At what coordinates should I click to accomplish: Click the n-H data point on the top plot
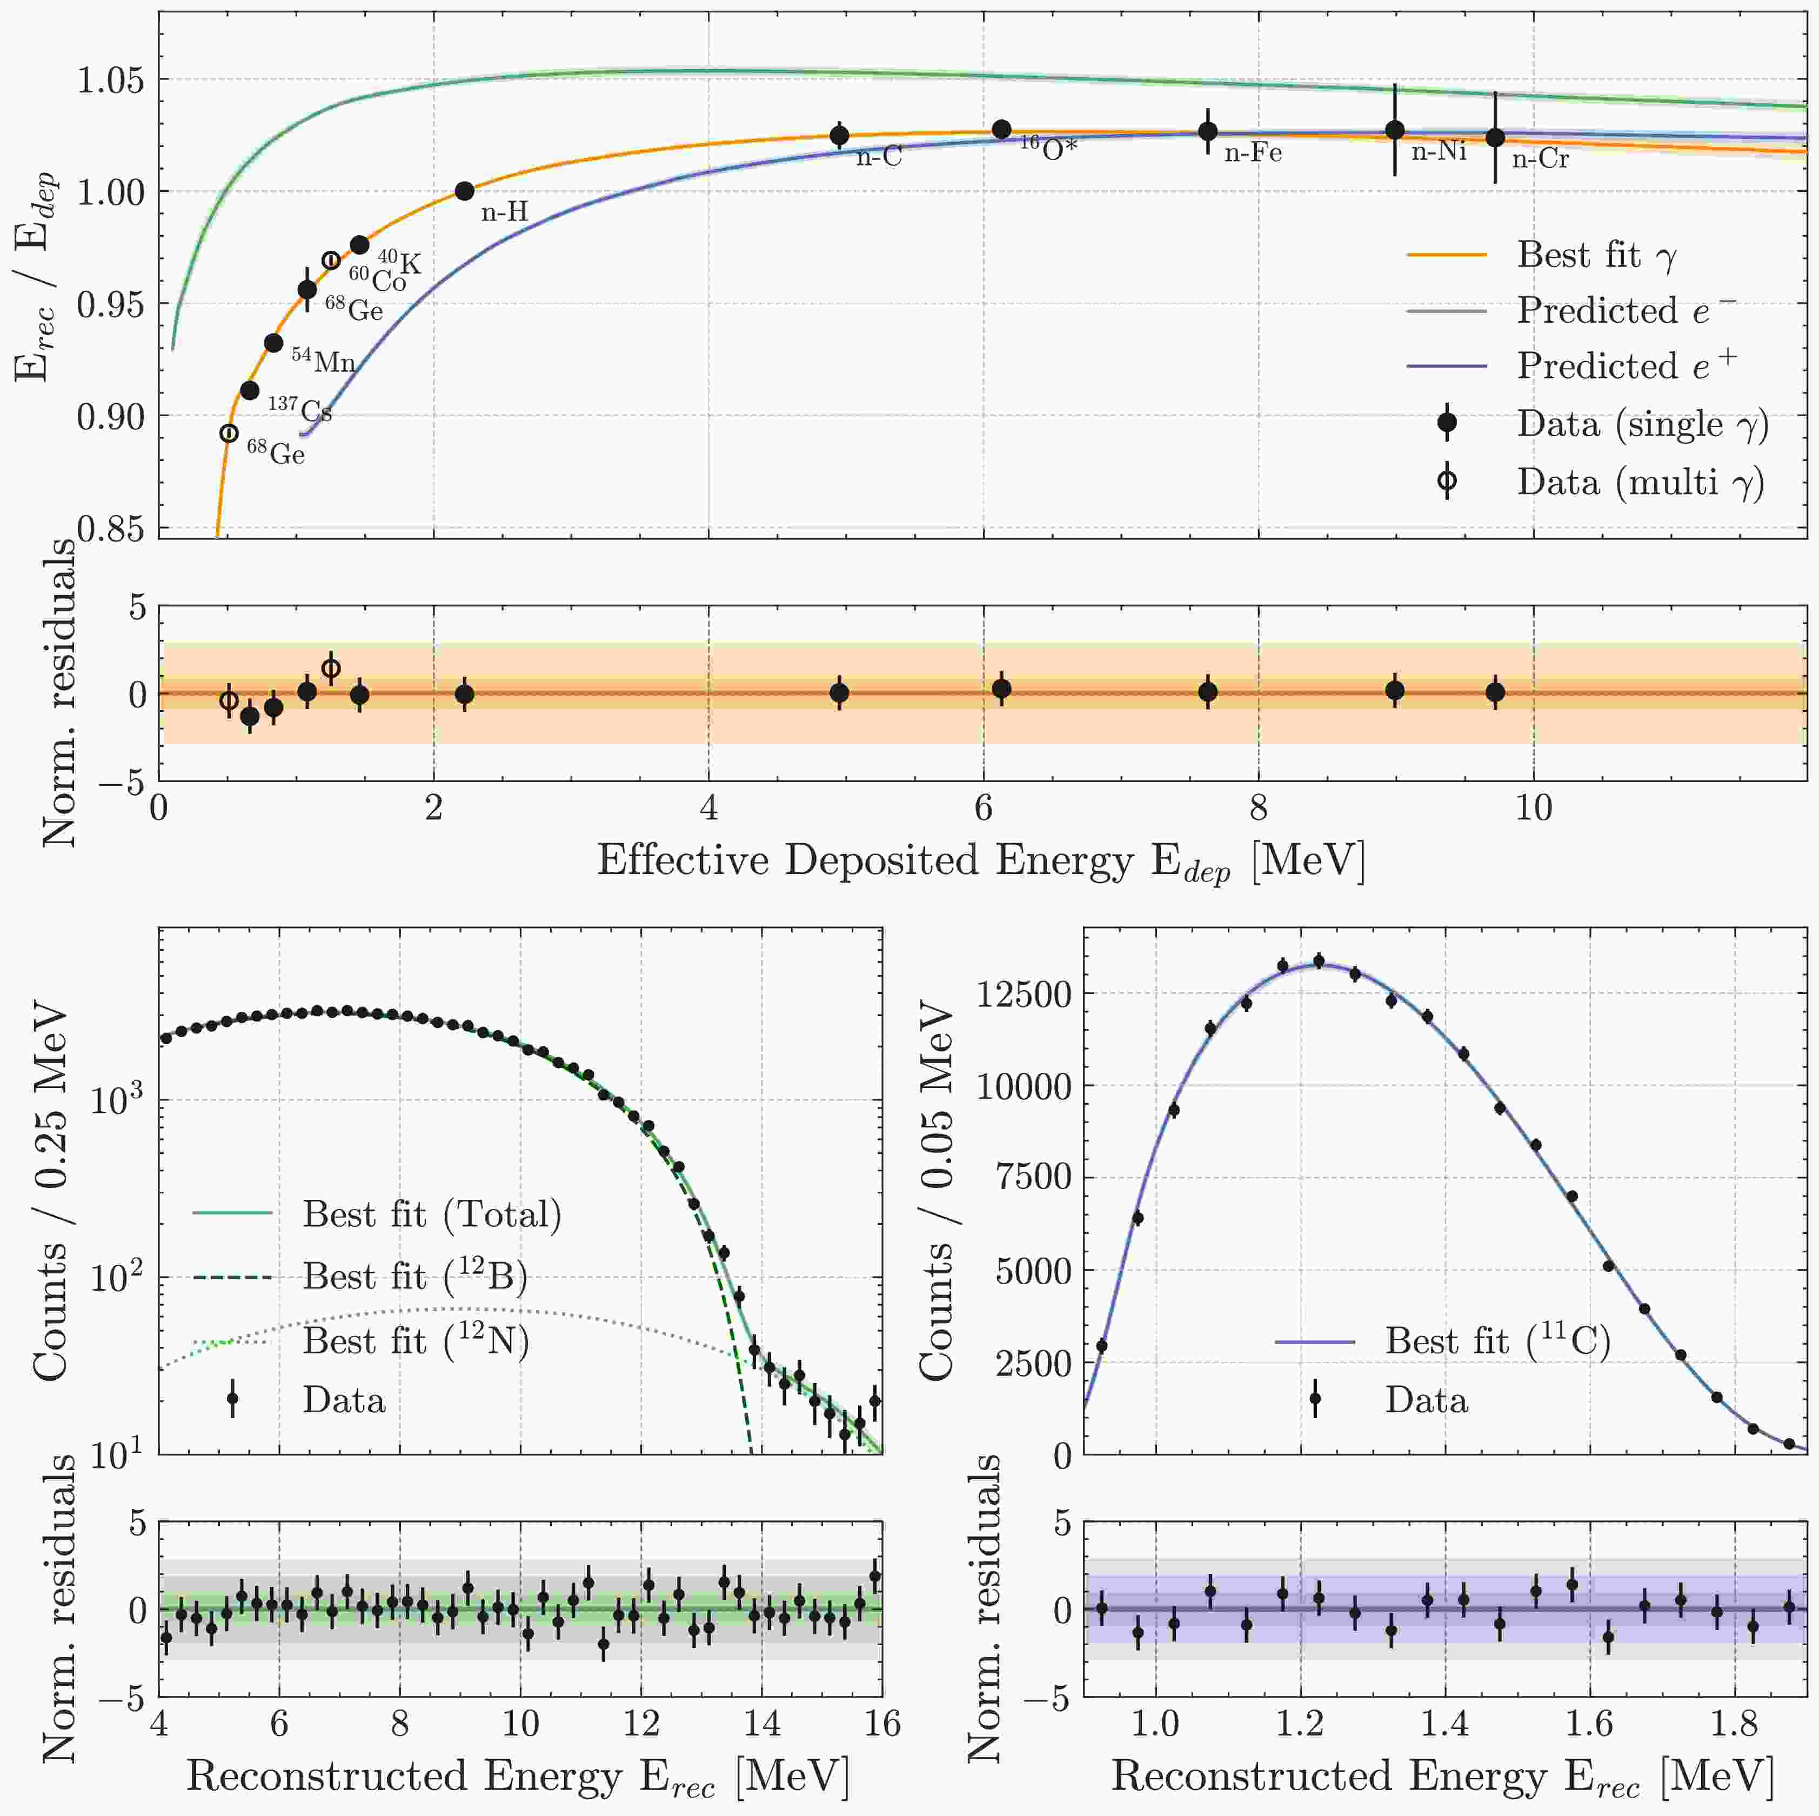[464, 191]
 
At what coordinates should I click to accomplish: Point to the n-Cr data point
[1495, 137]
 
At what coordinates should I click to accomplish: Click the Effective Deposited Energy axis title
[981, 860]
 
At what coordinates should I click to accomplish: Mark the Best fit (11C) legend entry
[1497, 1340]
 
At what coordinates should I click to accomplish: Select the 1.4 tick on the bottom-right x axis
[1445, 1723]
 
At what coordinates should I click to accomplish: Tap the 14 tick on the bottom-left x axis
[761, 1723]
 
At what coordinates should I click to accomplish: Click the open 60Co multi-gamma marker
[331, 261]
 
